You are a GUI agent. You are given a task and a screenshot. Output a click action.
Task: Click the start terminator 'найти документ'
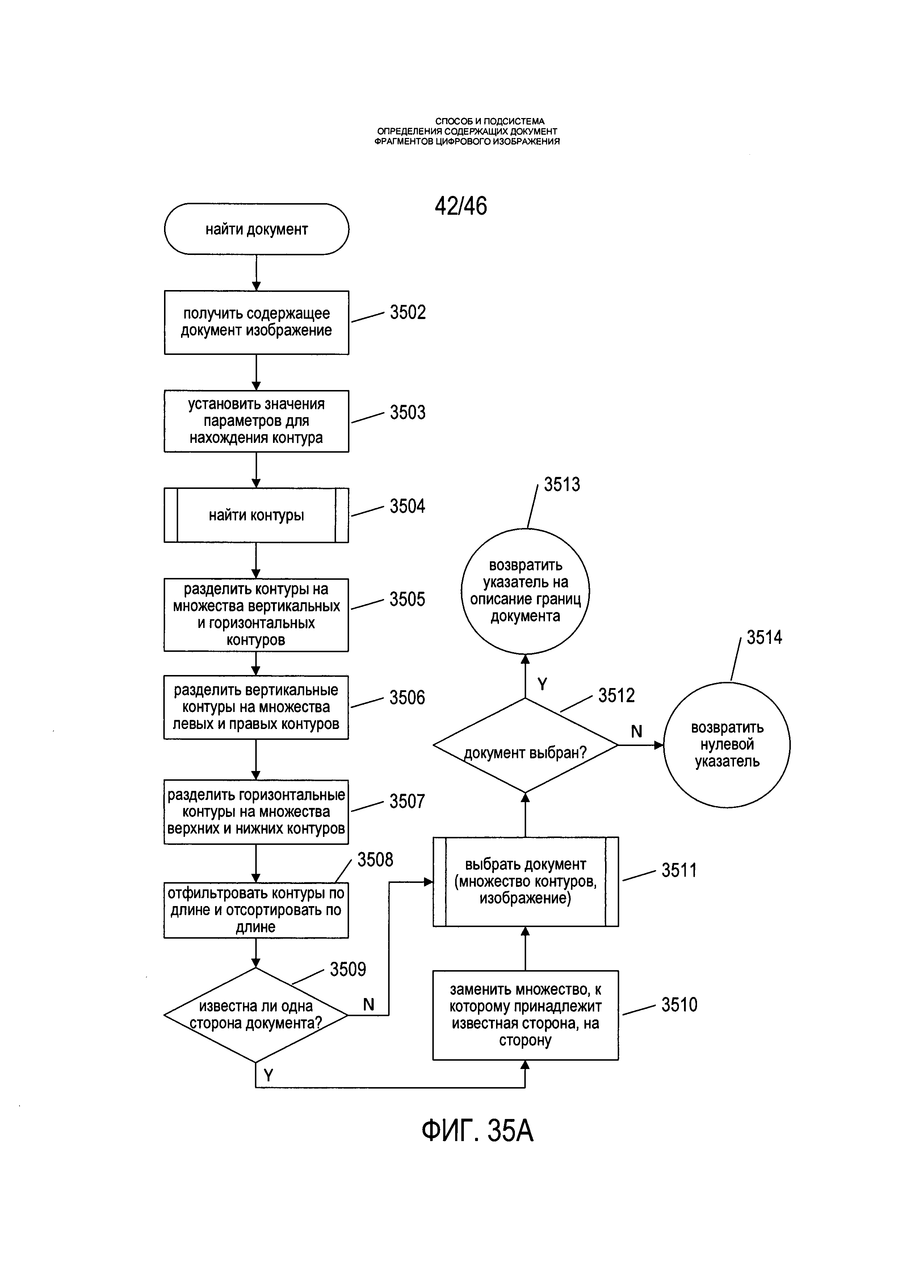coord(257,229)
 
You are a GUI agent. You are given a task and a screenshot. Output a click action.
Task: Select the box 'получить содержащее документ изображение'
coord(257,322)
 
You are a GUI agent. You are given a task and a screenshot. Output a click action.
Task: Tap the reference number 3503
coord(407,412)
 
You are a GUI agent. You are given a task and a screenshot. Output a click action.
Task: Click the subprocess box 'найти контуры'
coord(257,515)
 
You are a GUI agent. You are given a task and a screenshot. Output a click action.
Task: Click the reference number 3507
coord(407,801)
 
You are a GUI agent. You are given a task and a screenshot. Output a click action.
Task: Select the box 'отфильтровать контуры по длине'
coord(256,910)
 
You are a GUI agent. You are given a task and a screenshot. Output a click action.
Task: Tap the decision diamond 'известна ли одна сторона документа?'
coord(256,1015)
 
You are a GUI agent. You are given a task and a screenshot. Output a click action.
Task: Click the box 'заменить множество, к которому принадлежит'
coord(525,1015)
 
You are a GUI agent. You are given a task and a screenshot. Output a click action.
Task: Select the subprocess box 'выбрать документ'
coord(525,882)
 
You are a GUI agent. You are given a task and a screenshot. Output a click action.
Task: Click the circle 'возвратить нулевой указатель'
coord(727,745)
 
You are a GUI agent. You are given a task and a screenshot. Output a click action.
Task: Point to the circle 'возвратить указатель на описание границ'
coord(525,591)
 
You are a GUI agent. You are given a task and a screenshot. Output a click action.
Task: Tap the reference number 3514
coord(764,638)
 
